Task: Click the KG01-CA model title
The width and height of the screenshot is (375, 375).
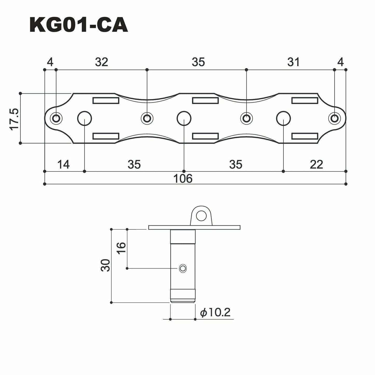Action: click(x=79, y=25)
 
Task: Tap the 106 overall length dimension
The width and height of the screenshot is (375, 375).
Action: click(x=183, y=179)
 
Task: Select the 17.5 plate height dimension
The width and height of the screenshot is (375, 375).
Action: click(x=15, y=119)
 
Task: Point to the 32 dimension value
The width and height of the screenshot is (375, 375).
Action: click(x=101, y=62)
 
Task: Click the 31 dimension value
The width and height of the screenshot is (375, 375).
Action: click(x=294, y=62)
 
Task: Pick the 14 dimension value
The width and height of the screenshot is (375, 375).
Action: click(x=63, y=165)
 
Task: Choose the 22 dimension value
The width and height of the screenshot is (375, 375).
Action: click(x=316, y=165)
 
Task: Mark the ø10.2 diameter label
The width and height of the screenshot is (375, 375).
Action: click(x=215, y=312)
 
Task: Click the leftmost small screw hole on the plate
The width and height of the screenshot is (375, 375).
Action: click(x=56, y=118)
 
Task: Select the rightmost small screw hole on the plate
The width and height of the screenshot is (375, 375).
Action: click(x=335, y=118)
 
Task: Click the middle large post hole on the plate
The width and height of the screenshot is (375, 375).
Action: click(x=184, y=118)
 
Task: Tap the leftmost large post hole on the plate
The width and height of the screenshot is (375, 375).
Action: click(x=85, y=118)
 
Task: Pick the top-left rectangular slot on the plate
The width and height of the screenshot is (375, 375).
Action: click(x=106, y=100)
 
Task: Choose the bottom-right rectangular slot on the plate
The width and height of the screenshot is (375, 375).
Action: click(x=305, y=136)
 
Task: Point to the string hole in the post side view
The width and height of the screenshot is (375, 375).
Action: click(x=183, y=268)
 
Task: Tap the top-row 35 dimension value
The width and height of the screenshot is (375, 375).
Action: click(x=199, y=62)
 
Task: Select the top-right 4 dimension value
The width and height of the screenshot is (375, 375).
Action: click(x=340, y=62)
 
